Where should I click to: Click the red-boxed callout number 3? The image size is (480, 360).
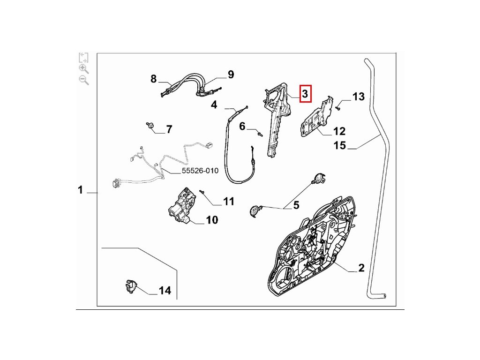point(305,94)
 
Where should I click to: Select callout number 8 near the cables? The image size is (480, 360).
point(154,79)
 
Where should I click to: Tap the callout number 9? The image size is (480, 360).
point(231,74)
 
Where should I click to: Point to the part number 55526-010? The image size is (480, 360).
point(200,171)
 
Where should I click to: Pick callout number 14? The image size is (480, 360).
point(165,291)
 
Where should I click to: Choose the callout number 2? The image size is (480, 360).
point(361,268)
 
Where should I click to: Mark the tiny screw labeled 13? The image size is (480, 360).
point(338,108)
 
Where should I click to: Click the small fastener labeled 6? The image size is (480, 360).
point(259,135)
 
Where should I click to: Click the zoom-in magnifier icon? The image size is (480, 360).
point(84,69)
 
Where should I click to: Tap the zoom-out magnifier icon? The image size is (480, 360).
point(84,80)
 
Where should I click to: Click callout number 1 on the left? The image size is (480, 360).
point(80,190)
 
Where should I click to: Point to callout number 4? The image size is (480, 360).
point(214,105)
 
